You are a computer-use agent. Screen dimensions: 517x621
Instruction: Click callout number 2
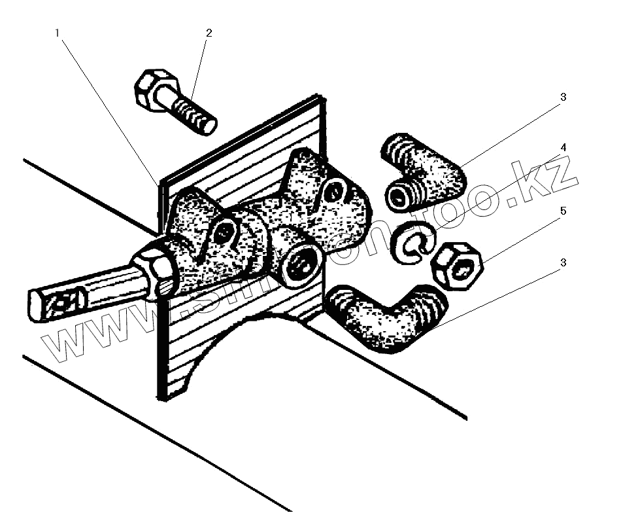[209, 32]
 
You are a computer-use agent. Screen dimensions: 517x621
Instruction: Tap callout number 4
[563, 147]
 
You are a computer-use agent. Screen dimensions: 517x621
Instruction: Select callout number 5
[563, 211]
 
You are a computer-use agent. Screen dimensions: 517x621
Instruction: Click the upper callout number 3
[563, 97]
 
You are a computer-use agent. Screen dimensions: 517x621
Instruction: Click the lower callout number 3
[563, 262]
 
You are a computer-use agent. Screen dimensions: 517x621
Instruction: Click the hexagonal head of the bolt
[156, 90]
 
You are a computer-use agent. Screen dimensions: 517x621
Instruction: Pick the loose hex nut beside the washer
[457, 264]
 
